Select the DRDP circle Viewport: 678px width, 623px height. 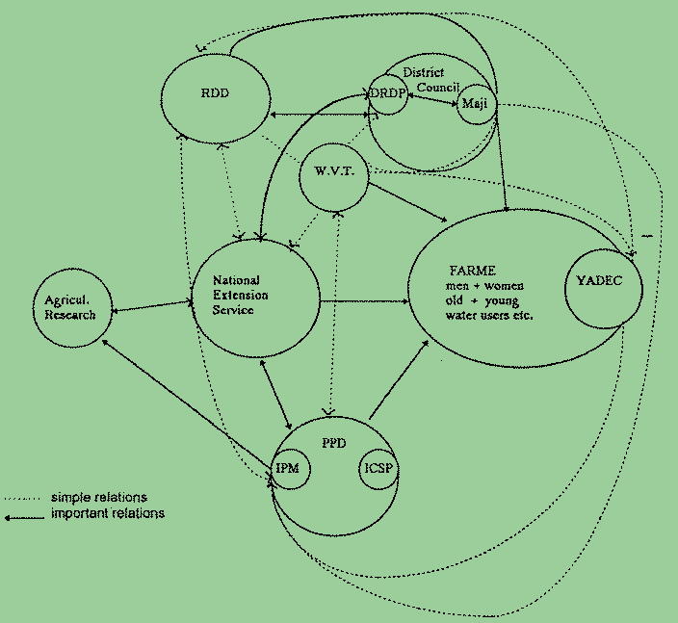pyautogui.click(x=388, y=94)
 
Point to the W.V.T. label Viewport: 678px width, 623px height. pyautogui.click(x=334, y=172)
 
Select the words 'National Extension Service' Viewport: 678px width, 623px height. pyautogui.click(x=241, y=295)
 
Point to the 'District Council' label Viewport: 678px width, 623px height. pyautogui.click(x=425, y=80)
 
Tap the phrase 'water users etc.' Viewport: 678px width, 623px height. pyautogui.click(x=482, y=315)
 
